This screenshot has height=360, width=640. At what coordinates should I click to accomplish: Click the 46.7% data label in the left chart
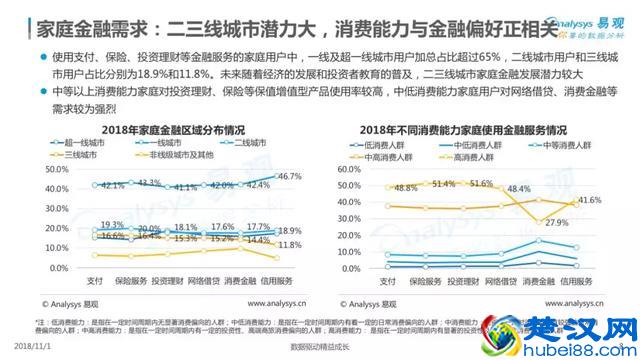point(289,177)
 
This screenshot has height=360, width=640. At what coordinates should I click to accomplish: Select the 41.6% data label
point(589,201)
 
